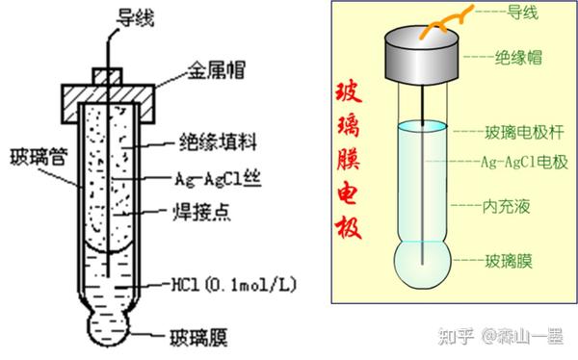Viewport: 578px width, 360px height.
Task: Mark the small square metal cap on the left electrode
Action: [108, 74]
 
